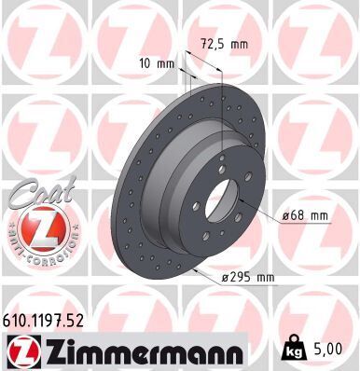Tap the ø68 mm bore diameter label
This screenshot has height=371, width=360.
(x=305, y=215)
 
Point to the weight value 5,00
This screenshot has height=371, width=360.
(x=335, y=350)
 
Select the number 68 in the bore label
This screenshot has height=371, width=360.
(x=299, y=215)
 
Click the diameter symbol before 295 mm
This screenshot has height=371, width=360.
(x=225, y=276)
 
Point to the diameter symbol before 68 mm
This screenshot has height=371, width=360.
(x=285, y=216)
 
